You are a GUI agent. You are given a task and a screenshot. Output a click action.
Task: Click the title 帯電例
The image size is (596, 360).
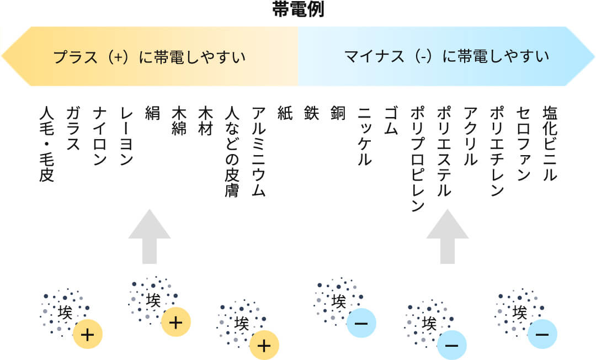(298, 10)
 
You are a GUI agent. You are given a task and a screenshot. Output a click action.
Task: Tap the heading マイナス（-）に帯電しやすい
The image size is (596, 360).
(446, 57)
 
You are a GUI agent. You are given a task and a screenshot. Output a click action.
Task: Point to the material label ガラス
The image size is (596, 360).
(73, 128)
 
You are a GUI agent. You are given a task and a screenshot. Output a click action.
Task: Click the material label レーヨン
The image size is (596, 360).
(126, 136)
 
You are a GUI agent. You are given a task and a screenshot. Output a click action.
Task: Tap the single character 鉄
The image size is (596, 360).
(311, 113)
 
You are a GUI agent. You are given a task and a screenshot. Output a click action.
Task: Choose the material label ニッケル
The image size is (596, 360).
(364, 136)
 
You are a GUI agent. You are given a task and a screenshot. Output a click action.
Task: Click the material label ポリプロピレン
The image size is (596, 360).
(417, 159)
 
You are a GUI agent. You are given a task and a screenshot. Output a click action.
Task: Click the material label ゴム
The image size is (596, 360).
(390, 120)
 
